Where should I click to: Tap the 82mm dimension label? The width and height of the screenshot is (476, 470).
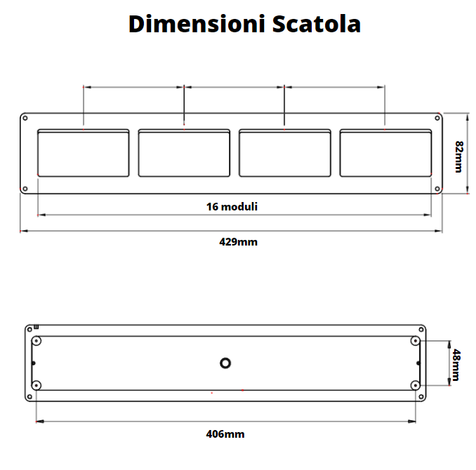pyautogui.click(x=458, y=156)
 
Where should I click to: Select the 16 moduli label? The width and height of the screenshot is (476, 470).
pyautogui.click(x=232, y=206)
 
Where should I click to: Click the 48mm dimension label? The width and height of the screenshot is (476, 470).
pyautogui.click(x=456, y=364)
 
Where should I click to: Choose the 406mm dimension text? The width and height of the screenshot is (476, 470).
pyautogui.click(x=225, y=434)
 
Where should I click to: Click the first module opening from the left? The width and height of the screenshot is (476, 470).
pyautogui.click(x=83, y=153)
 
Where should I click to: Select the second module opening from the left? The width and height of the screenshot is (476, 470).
pyautogui.click(x=184, y=153)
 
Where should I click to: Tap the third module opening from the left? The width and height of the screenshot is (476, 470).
pyautogui.click(x=284, y=153)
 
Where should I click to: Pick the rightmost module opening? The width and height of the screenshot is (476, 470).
pyautogui.click(x=385, y=153)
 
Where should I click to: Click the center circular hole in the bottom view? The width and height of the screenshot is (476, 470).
pyautogui.click(x=225, y=363)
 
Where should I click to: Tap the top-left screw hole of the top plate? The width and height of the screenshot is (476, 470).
pyautogui.click(x=25, y=118)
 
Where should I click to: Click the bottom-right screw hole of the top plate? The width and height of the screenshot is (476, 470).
pyautogui.click(x=438, y=187)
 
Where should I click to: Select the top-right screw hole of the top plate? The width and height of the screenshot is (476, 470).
pyautogui.click(x=438, y=118)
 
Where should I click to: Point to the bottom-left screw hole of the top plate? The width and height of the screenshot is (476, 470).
pyautogui.click(x=25, y=187)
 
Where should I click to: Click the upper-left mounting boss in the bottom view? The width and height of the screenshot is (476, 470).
pyautogui.click(x=37, y=341)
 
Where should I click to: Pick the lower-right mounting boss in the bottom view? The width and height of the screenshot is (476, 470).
pyautogui.click(x=416, y=385)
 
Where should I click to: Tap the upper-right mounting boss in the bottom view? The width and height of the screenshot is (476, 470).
pyautogui.click(x=416, y=341)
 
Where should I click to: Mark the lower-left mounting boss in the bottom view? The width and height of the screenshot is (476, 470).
pyautogui.click(x=37, y=385)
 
